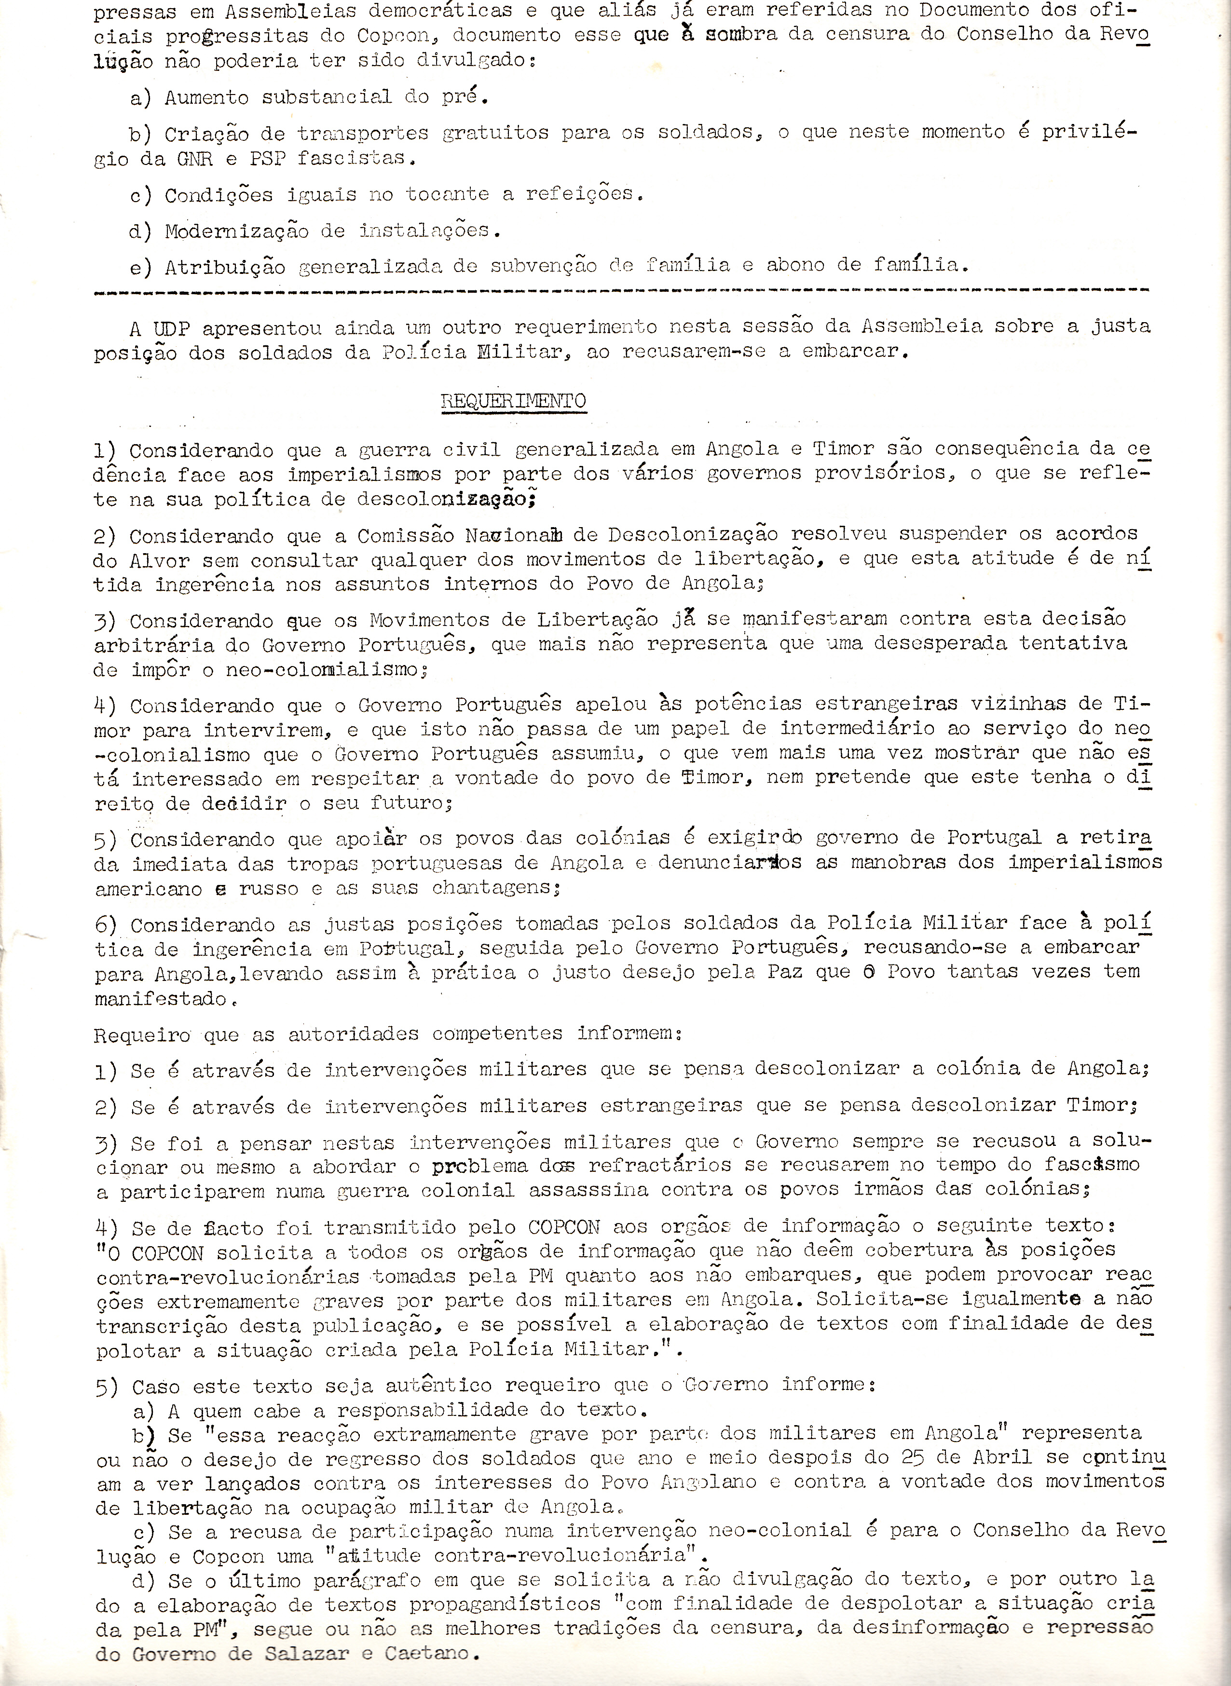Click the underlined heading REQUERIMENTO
513,401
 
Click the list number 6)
106,925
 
